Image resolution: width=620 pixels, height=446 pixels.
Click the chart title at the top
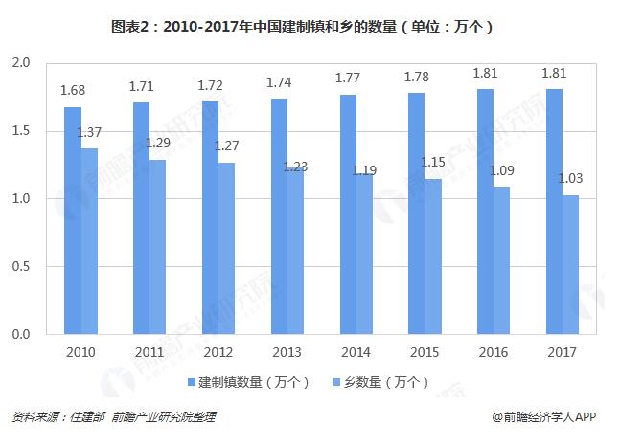click(x=310, y=27)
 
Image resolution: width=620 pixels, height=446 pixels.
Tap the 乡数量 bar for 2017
click(x=569, y=265)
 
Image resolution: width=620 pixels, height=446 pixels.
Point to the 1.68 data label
click(x=72, y=92)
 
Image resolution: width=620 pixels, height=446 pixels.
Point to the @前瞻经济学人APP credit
click(x=543, y=418)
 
